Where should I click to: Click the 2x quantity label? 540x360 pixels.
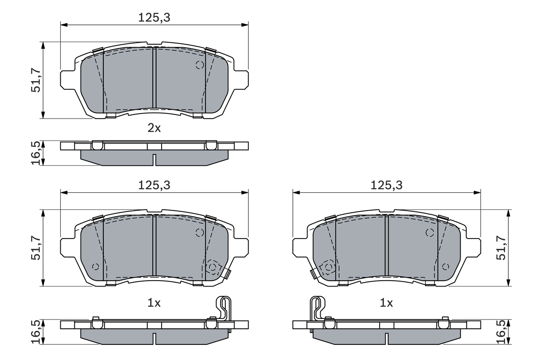[154, 128]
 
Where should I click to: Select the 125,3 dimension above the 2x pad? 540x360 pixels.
[154, 17]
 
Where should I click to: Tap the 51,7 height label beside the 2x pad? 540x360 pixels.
[35, 80]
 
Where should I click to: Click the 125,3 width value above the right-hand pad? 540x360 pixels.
[386, 185]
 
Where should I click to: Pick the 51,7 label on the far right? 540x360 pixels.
[502, 248]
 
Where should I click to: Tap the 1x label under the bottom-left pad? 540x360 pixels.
[154, 303]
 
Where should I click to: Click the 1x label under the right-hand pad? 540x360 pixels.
[386, 303]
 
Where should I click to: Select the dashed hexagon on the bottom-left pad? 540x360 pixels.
[213, 267]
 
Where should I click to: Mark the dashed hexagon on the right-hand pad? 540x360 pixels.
[328, 267]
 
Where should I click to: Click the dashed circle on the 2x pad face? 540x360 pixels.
[200, 65]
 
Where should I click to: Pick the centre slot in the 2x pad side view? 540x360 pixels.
[154, 160]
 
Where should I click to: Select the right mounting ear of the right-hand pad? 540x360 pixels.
[473, 247]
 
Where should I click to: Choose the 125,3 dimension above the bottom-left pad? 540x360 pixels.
[154, 185]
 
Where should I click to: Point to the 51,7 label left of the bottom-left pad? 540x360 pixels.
[35, 248]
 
